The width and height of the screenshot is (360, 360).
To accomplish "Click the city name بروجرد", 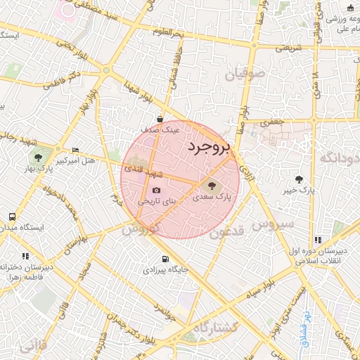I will pyautogui.click(x=209, y=147).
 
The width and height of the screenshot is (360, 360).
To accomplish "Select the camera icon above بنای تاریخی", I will pyautogui.click(x=156, y=190).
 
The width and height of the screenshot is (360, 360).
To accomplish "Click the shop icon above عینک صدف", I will pyautogui.click(x=161, y=120).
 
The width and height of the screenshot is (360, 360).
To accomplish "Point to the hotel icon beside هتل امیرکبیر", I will pyautogui.click(x=76, y=150).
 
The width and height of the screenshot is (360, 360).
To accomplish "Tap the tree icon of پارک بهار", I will pyautogui.click(x=37, y=155).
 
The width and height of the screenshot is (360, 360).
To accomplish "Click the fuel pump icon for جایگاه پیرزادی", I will pyautogui.click(x=165, y=259).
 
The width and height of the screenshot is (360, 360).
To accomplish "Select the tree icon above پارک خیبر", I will pyautogui.click(x=300, y=179).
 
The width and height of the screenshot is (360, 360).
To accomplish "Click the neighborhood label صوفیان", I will pyautogui.click(x=245, y=73).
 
